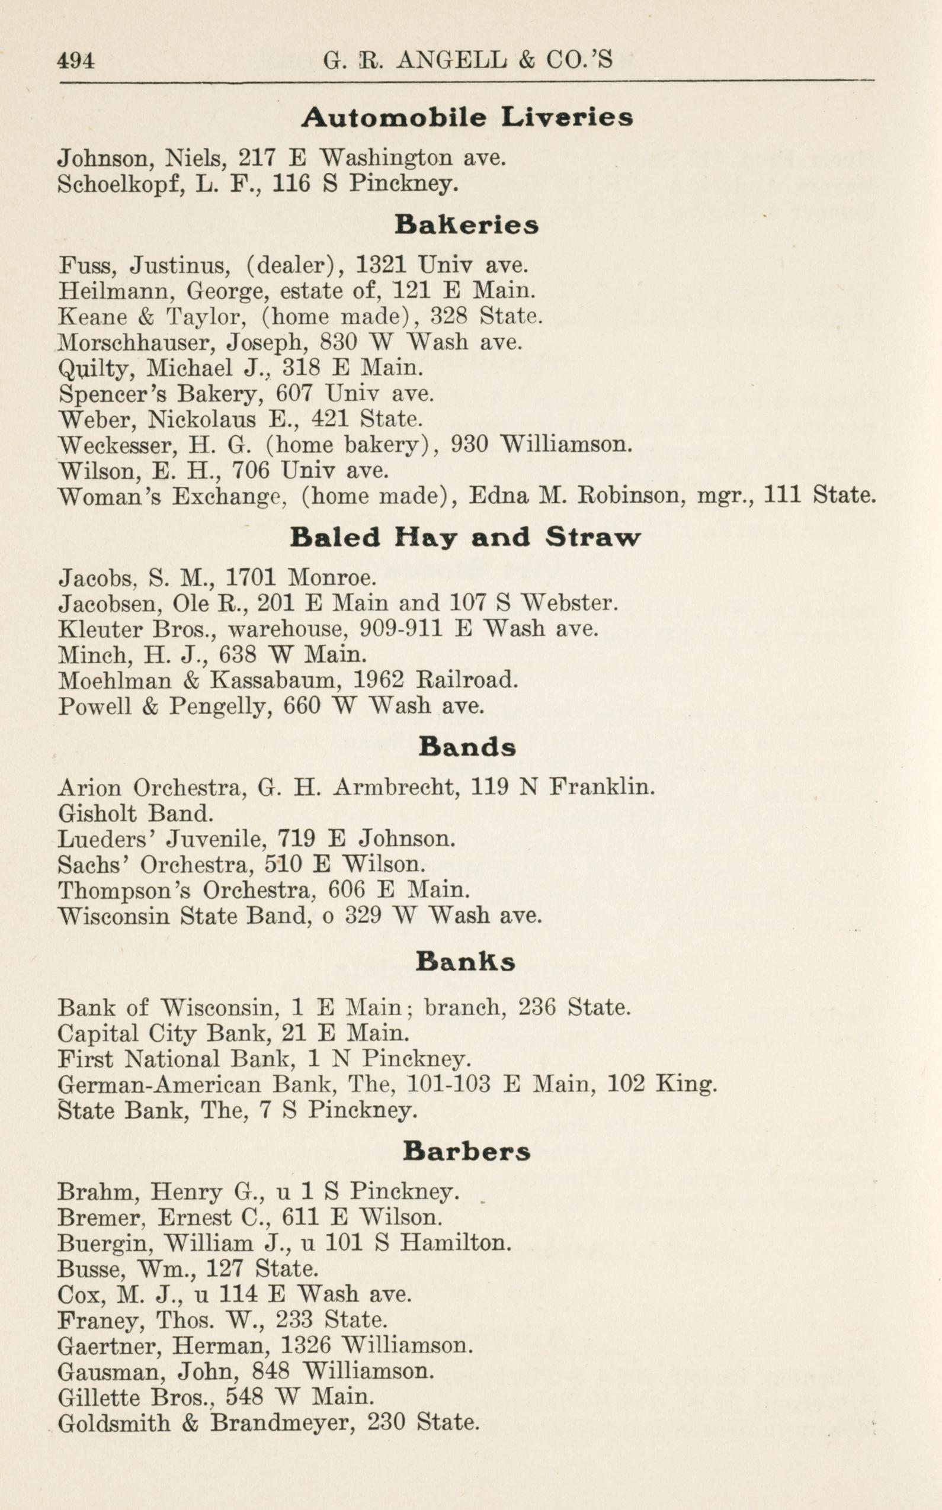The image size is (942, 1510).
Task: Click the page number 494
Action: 75,61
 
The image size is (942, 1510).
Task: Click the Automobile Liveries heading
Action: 467,117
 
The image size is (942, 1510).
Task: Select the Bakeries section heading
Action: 467,225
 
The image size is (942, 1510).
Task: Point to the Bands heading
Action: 467,746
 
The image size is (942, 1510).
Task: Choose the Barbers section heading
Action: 467,1151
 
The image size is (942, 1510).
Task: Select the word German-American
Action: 159,1085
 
